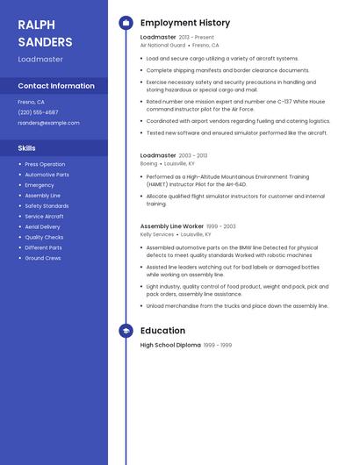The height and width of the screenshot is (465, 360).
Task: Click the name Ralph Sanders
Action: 45,32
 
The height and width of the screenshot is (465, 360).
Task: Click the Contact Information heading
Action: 56,86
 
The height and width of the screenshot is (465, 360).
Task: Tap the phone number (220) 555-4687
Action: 38,112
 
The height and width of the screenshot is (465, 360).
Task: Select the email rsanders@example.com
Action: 48,123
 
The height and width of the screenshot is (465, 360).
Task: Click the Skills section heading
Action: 27,148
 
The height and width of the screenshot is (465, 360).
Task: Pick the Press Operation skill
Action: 45,164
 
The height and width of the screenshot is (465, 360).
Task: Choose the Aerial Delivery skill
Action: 43,226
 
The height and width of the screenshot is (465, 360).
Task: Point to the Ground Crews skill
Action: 43,258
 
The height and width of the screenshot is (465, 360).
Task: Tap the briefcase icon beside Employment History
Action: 126,23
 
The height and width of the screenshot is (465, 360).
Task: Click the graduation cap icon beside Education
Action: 126,331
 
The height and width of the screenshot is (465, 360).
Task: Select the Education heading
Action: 162,331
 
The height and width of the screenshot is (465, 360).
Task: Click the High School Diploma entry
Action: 170,346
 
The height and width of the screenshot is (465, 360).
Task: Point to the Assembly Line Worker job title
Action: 172,226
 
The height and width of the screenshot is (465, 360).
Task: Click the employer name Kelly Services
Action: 157,234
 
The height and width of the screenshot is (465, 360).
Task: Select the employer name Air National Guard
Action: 162,45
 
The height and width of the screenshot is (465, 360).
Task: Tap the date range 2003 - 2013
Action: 193,155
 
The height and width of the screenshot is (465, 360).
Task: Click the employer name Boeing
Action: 148,163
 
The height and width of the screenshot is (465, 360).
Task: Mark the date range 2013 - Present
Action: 197,38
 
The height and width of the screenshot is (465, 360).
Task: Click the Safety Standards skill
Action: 47,205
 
